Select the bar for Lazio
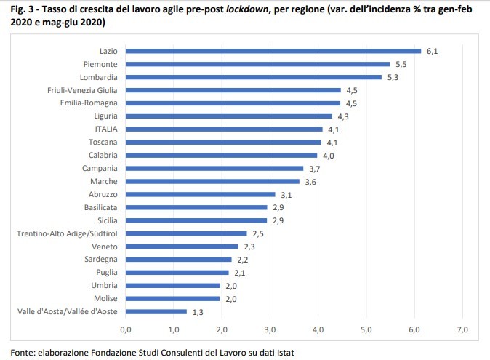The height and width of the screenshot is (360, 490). pyautogui.click(x=273, y=51)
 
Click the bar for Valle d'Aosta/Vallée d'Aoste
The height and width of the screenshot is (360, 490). pyautogui.click(x=156, y=312)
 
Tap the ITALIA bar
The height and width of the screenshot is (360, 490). pyautogui.click(x=224, y=129)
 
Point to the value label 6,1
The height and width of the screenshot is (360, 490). pyautogui.click(x=432, y=51)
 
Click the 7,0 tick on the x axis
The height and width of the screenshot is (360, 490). pyautogui.click(x=463, y=331)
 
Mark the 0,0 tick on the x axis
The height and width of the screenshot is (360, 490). pyautogui.click(x=126, y=331)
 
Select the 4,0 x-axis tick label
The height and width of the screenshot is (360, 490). pyautogui.click(x=318, y=331)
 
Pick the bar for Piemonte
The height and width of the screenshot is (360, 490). pyautogui.click(x=258, y=64)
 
